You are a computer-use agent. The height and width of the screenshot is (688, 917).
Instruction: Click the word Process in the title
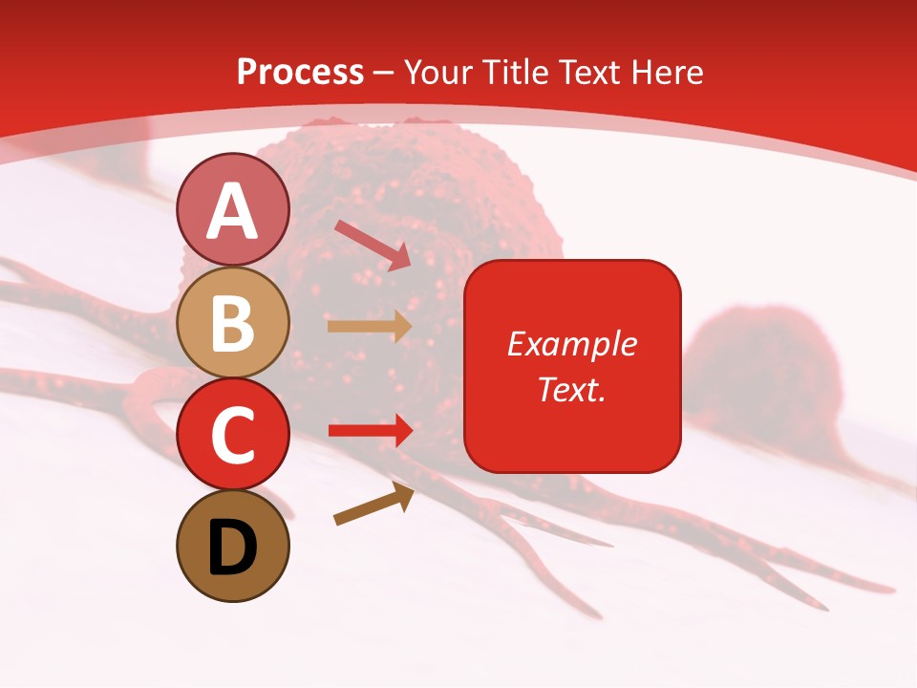pyautogui.click(x=300, y=73)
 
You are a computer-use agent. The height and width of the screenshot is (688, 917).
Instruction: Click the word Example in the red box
pyautogui.click(x=571, y=344)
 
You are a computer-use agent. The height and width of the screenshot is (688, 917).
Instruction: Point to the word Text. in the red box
pyautogui.click(x=571, y=389)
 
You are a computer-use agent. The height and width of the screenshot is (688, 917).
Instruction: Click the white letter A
pyautogui.click(x=232, y=211)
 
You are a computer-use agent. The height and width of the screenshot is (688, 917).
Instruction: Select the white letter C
pyautogui.click(x=232, y=435)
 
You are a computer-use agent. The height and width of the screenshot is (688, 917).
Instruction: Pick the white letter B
pyautogui.click(x=232, y=323)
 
